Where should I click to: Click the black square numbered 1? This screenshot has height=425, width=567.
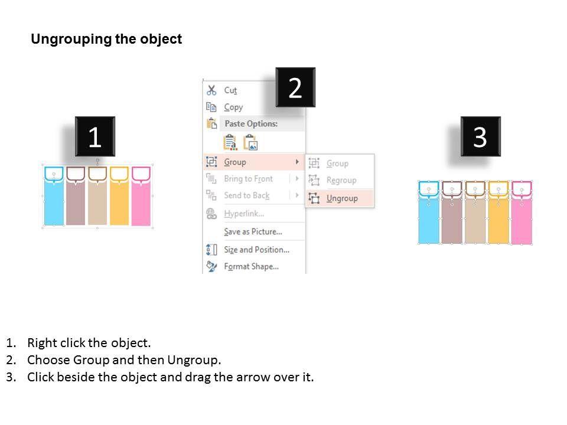95,136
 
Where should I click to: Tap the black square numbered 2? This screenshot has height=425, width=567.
295,87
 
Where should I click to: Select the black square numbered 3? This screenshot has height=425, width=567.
481,136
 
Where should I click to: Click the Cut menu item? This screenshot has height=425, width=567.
230,90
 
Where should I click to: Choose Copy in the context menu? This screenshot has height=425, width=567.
233,107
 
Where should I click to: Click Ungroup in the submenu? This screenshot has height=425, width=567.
342,198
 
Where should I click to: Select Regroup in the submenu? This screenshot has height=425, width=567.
341,181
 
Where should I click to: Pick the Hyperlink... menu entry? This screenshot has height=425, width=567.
244,214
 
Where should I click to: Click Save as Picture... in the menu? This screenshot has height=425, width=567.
253,231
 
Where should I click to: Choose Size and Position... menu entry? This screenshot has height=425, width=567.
257,250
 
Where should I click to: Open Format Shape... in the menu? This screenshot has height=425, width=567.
252,266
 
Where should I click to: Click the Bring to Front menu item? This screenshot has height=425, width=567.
249,178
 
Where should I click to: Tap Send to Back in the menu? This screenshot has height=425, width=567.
247,195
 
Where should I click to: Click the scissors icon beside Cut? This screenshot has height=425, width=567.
211,90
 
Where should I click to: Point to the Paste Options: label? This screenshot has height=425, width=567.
252,123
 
